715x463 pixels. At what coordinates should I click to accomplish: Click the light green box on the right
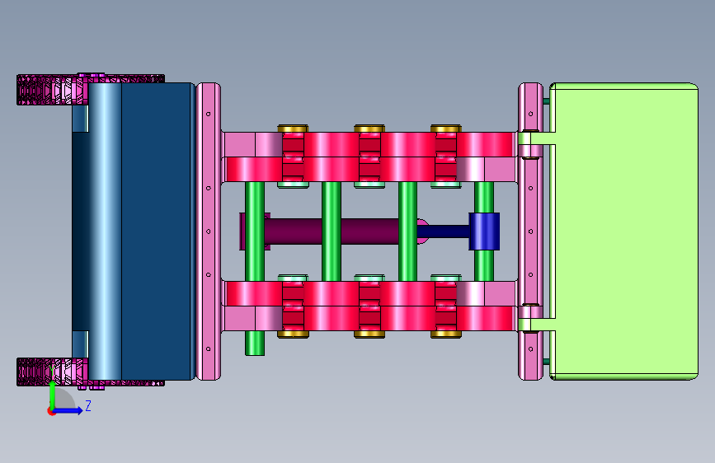pos(625,231)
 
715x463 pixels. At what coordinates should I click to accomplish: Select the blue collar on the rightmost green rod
pos(484,231)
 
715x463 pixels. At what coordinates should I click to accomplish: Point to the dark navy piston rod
pos(443,231)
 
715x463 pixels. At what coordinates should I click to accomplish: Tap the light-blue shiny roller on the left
pos(105,231)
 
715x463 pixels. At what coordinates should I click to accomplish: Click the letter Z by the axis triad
pos(88,405)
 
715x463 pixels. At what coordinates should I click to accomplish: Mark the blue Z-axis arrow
pos(68,410)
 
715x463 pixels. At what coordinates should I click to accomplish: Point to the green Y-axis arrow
pos(53,395)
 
